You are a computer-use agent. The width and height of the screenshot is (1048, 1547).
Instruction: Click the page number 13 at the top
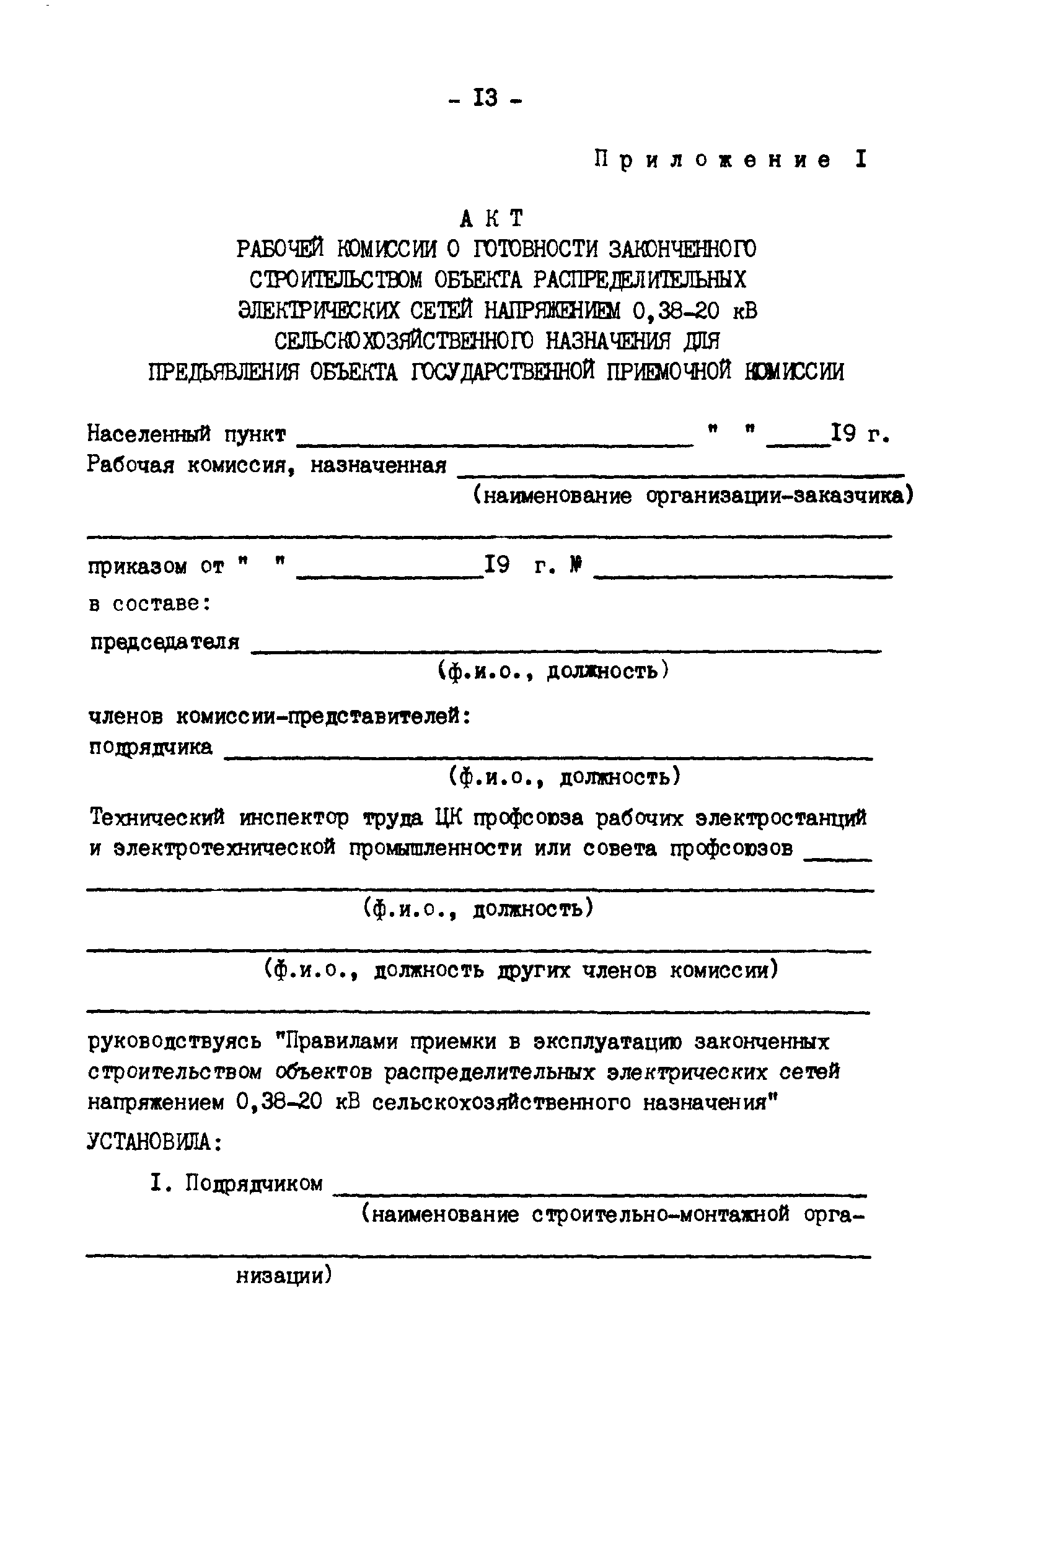485,99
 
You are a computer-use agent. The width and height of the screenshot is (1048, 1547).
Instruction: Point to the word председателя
164,642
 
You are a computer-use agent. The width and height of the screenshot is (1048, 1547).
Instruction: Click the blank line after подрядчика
547,756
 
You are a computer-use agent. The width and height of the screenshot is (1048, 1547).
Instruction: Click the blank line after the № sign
742,575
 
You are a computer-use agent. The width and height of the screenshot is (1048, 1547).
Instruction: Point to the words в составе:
150,604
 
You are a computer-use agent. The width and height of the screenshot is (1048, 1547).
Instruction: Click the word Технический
157,817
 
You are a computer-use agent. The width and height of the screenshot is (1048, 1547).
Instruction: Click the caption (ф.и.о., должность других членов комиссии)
521,971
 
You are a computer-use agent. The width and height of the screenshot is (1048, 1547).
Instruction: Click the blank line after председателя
566,651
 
